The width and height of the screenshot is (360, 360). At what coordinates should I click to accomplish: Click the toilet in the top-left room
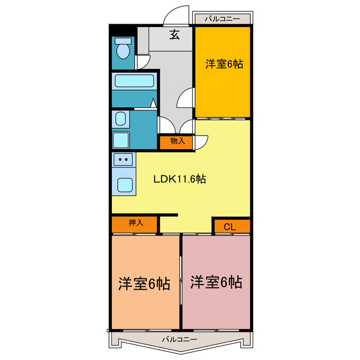(123, 48)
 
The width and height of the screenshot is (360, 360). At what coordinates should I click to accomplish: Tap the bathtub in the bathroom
(134, 81)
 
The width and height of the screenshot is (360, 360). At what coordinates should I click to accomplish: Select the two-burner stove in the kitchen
(123, 159)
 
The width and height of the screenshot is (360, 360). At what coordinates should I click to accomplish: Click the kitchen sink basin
(125, 185)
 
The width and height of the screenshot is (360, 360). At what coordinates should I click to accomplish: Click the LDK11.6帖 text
(179, 179)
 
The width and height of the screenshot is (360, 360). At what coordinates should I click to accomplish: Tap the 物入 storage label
(178, 141)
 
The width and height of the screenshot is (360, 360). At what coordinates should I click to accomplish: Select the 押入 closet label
(136, 223)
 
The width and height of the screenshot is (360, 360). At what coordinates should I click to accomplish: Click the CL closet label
(229, 227)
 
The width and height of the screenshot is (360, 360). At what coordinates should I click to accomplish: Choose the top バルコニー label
(222, 19)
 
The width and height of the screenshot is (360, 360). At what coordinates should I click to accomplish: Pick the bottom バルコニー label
(179, 339)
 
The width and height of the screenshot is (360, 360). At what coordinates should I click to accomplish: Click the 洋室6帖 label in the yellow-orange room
(224, 64)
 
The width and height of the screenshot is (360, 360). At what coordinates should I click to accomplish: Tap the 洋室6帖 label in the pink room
(216, 282)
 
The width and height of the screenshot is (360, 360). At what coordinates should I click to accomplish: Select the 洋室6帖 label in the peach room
(144, 283)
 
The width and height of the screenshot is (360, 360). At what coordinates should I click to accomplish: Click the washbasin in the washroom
(120, 119)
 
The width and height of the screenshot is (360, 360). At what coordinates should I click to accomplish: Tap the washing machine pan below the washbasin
(121, 140)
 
